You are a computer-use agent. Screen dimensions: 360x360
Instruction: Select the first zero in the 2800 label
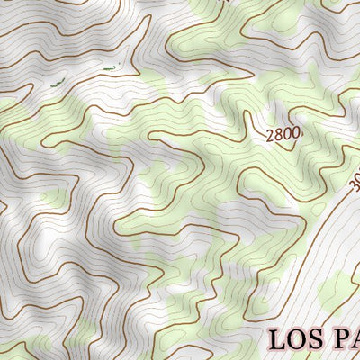click(x=287, y=135)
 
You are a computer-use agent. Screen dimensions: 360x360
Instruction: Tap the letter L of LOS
click(x=276, y=339)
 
